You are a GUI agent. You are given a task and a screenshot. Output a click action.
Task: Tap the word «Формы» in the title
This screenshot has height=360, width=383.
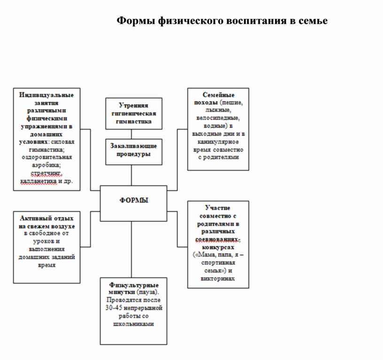[135, 21]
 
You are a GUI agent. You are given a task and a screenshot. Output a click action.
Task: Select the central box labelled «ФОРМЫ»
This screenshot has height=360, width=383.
[134, 203]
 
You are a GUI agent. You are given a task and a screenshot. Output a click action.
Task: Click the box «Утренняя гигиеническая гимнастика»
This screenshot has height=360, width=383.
[134, 113]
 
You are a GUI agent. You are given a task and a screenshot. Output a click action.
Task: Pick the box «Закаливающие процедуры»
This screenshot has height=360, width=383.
[134, 151]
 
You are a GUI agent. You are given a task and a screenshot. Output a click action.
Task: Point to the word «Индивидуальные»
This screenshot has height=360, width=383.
[46, 95]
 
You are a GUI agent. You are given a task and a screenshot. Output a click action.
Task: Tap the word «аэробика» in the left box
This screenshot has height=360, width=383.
[46, 165]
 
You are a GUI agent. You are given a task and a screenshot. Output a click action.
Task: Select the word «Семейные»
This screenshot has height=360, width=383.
[218, 95]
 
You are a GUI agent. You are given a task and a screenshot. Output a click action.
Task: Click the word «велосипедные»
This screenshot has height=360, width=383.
[218, 118]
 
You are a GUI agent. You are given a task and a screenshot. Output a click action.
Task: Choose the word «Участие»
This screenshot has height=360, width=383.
[218, 207]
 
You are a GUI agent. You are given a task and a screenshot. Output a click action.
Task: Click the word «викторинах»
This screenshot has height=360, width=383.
[218, 278]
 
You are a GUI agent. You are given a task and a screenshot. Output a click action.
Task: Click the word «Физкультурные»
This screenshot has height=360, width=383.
[134, 284]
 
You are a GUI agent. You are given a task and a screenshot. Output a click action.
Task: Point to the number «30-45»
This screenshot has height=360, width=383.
[115, 308]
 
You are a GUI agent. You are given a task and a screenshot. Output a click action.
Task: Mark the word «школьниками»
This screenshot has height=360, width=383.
[134, 324]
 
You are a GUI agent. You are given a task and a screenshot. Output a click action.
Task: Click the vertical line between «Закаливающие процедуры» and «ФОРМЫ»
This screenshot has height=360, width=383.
[131, 175]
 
